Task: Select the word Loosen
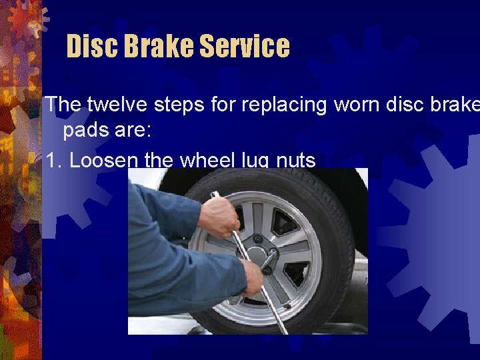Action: [103, 160]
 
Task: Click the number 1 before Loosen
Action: [51, 160]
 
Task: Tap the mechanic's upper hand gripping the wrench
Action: [219, 217]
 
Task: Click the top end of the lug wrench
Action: [214, 195]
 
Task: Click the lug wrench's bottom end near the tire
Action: [283, 327]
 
